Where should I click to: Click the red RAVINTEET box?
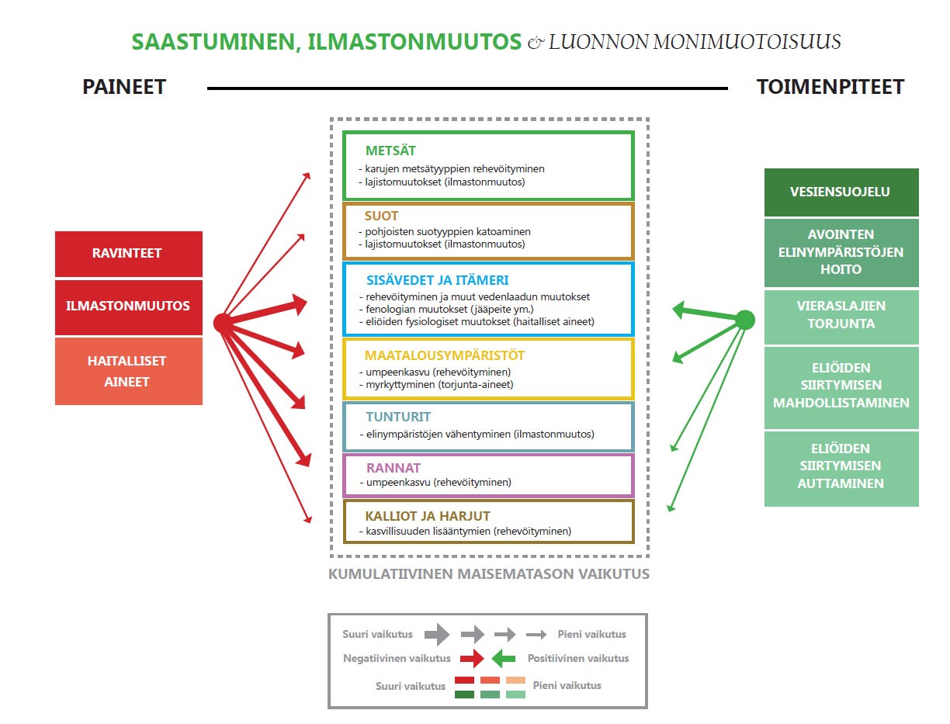[129, 254]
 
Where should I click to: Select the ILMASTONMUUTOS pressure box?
[129, 307]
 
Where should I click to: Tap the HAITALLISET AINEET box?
[129, 371]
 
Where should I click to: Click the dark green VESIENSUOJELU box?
[841, 192]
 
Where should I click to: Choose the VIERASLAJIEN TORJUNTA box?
[841, 316]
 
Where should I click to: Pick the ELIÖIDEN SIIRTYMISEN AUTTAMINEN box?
[841, 466]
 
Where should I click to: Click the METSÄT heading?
[391, 151]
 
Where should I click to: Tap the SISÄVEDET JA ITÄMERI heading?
[437, 280]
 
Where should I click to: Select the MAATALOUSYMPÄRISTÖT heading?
[445, 355]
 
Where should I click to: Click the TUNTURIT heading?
[398, 417]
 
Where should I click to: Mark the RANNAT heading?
[393, 468]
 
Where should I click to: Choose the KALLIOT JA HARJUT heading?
[428, 516]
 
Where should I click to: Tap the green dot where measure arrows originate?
[744, 319]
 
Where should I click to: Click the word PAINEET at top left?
[124, 87]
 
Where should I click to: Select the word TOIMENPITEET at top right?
[830, 87]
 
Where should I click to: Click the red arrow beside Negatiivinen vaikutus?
[471, 659]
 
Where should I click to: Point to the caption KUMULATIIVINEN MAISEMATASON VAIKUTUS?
[489, 575]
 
